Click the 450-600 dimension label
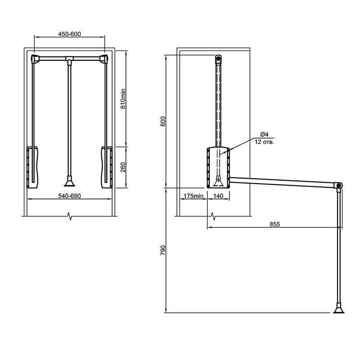pyautogui.click(x=69, y=34)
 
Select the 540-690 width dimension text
pyautogui.click(x=69, y=196)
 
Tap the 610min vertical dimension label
pyautogui.click(x=123, y=99)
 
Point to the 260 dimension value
pyautogui.click(x=123, y=167)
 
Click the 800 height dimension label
pyautogui.click(x=163, y=121)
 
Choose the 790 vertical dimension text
pyautogui.click(x=163, y=250)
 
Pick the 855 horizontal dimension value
pyautogui.click(x=274, y=224)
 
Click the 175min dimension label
pyautogui.click(x=193, y=196)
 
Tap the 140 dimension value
pyautogui.click(x=218, y=196)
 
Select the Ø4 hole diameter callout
pyautogui.click(x=264, y=134)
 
